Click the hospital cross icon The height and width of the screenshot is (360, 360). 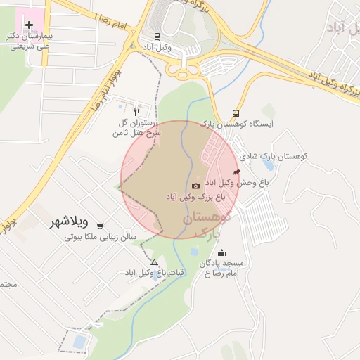[x=29, y=25]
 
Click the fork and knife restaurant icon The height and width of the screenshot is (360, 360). [x=136, y=111]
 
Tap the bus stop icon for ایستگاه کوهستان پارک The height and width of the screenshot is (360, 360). [x=236, y=113]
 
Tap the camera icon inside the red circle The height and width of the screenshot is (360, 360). [x=195, y=186]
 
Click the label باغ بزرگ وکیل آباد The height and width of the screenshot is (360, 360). [x=195, y=198]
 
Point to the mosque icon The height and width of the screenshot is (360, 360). [x=222, y=253]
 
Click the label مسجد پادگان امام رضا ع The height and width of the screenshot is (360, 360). [x=219, y=267]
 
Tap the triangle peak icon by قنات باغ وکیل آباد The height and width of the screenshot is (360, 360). [x=154, y=262]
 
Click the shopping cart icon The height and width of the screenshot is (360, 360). [x=100, y=226]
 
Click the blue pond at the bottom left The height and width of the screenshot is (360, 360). [x=79, y=342]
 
